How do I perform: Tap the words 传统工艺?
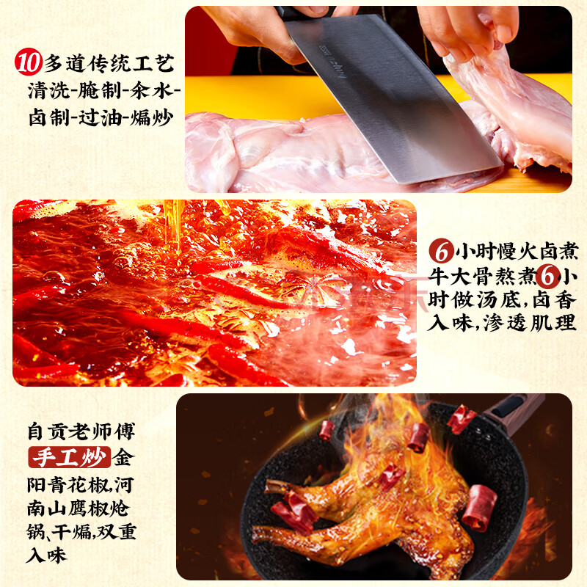pos(131,63)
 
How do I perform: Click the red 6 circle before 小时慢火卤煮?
pos(442,251)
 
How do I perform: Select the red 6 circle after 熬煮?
pos(547,277)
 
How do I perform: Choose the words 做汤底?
pos(486,300)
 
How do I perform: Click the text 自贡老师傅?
pos(81,431)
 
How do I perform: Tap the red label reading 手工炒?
pos(70,457)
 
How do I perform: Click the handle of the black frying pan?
pos(513,411)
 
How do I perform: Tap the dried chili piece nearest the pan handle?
pos(462,419)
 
